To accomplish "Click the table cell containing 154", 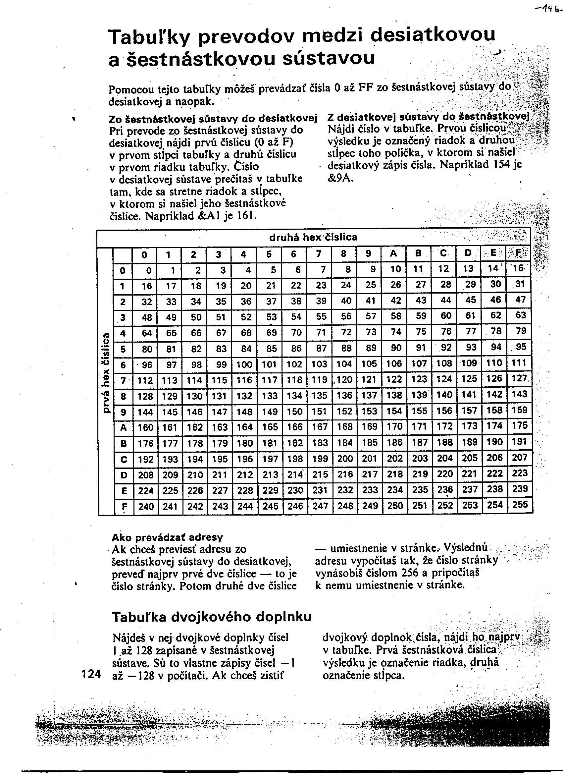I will (394, 411).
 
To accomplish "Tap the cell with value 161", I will (170, 427).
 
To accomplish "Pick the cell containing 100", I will (244, 364).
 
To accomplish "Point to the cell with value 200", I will (345, 459).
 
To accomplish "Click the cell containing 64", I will (147, 333).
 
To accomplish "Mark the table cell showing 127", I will (520, 379).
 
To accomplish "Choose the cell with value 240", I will (145, 506).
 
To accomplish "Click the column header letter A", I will (393, 253).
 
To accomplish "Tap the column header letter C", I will (443, 253).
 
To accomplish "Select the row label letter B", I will (124, 444).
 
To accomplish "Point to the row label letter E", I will (124, 491).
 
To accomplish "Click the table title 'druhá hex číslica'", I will (313, 237).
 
